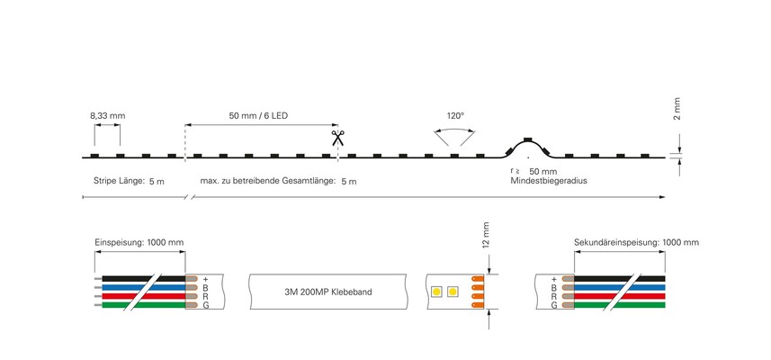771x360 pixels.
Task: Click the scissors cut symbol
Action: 337,138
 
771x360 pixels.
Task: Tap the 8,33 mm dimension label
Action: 108,116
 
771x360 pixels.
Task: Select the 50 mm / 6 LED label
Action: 258,116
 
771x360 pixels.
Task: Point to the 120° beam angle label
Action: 455,116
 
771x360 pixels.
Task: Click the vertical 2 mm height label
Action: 677,109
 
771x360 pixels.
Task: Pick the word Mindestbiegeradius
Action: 549,181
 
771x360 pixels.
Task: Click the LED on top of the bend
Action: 527,139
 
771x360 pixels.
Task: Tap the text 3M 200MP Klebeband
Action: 328,292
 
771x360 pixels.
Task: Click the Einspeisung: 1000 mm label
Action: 139,242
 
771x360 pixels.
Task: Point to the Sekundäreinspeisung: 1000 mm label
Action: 636,242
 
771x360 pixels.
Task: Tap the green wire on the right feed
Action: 620,305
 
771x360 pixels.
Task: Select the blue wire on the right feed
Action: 620,287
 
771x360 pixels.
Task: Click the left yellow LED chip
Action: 436,292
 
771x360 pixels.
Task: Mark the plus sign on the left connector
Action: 205,279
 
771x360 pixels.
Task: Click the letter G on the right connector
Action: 554,305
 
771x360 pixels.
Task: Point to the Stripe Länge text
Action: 119,181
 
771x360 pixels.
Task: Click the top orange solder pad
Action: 478,279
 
